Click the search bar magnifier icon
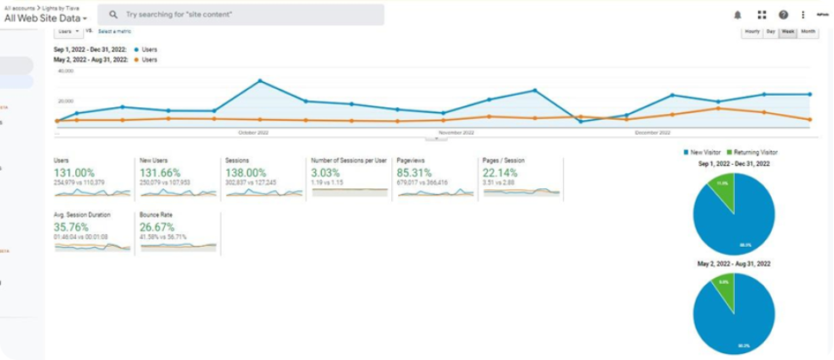113,15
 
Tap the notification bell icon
737,15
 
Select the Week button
787,32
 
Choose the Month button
807,32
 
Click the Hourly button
752,32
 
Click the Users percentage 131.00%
74,173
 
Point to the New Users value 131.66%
160,173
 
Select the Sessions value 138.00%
246,173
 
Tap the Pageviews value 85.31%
415,173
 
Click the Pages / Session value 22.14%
502,173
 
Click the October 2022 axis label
254,133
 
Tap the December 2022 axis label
653,133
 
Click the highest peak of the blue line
260,81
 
